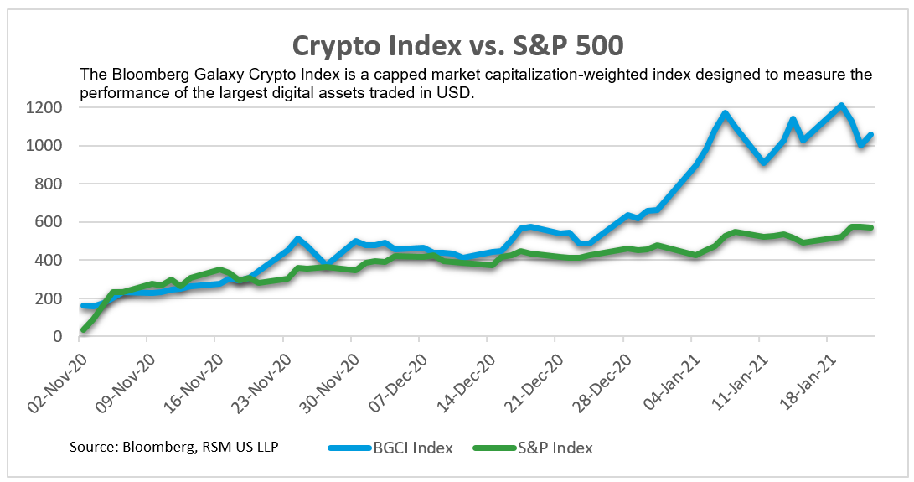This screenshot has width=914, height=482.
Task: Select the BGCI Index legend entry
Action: (x=414, y=448)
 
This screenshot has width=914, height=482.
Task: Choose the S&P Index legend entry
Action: (x=554, y=448)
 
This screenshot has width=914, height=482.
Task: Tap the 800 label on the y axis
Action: (x=51, y=184)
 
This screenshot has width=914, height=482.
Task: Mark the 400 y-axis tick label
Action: (x=51, y=261)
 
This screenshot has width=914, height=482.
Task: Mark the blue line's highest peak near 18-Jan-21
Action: (x=841, y=106)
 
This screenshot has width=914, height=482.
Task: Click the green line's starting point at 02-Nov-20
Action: (x=83, y=329)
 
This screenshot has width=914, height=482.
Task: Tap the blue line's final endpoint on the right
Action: (x=871, y=134)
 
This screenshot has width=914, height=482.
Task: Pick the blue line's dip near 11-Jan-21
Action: (x=763, y=162)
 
